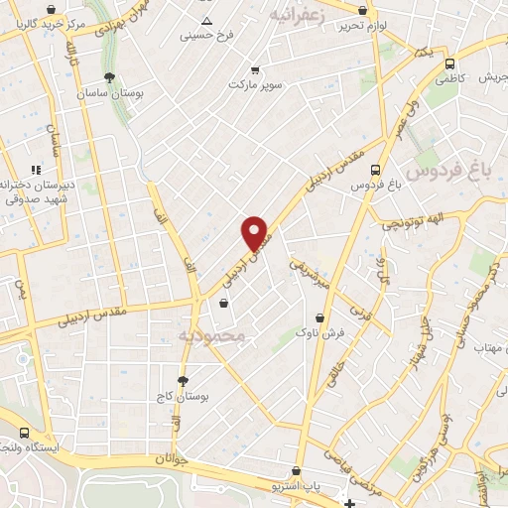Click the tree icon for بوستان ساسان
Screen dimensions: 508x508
tap(109, 76)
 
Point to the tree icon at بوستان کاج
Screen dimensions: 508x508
tap(183, 381)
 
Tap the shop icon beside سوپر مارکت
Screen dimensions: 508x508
tap(256, 69)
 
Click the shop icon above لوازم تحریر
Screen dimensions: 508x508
tap(360, 11)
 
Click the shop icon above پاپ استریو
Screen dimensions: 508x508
tap(296, 471)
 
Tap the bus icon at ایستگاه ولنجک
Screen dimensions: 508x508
tap(23, 433)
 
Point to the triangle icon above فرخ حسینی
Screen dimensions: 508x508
tap(206, 21)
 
